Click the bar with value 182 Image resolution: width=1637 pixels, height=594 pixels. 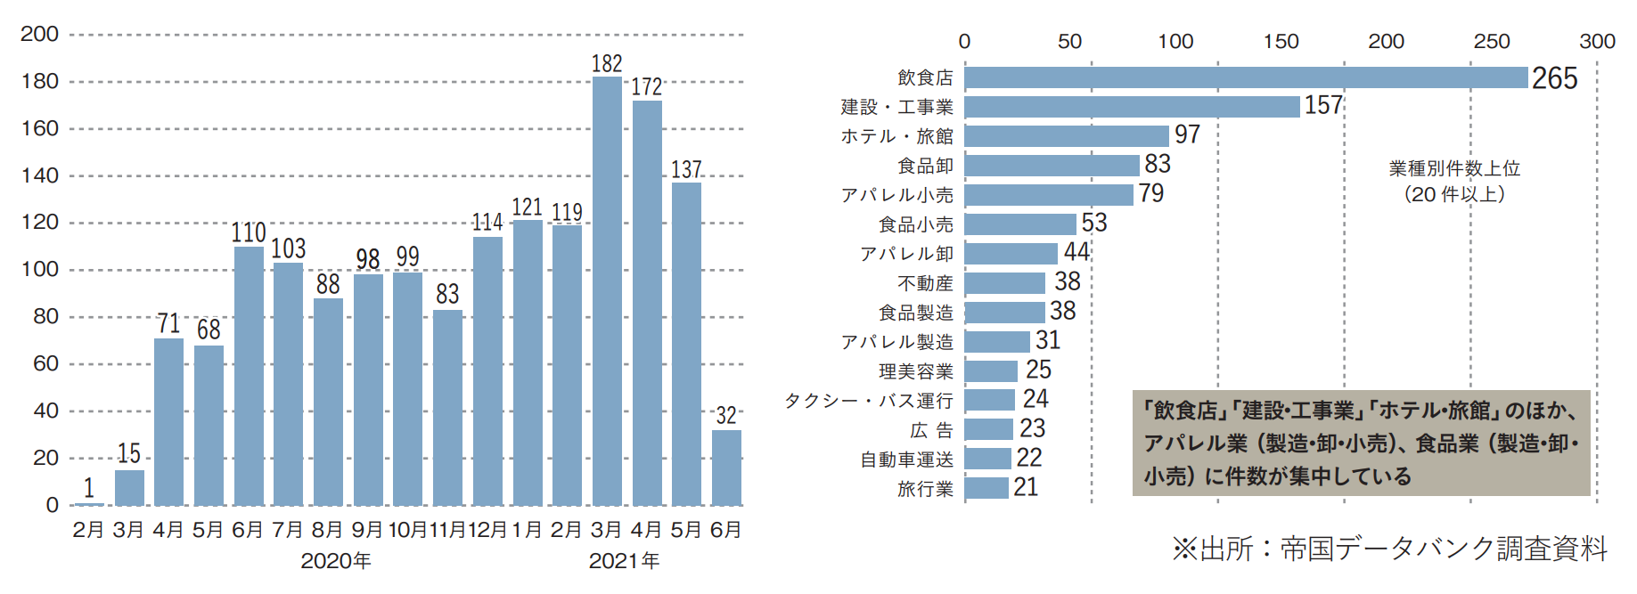[607, 291]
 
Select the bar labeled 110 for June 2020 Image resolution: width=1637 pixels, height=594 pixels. [249, 376]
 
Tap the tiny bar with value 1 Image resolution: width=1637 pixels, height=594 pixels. [89, 504]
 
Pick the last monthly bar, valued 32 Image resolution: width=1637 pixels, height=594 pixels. [726, 468]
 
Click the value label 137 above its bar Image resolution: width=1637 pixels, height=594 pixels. [686, 169]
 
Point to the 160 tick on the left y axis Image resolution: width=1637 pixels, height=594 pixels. [40, 128]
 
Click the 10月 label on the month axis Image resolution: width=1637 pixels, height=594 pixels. [407, 530]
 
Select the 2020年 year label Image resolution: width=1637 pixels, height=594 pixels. [336, 561]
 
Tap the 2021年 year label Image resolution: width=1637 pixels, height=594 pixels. [624, 561]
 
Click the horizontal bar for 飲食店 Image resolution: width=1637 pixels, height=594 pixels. [1246, 77]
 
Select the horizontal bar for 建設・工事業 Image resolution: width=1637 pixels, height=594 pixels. [1132, 107]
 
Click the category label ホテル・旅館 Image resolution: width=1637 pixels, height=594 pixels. [896, 136]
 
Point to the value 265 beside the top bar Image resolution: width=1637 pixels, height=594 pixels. [1554, 78]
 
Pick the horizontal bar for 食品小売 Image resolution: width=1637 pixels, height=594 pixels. [1020, 224]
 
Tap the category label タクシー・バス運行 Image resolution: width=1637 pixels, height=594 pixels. [869, 401]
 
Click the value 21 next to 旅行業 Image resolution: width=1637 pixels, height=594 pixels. [1026, 487]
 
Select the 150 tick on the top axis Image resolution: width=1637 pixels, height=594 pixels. [1281, 41]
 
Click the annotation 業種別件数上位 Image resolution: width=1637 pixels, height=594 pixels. [1454, 168]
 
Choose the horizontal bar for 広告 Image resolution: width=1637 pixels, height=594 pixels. [988, 429]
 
